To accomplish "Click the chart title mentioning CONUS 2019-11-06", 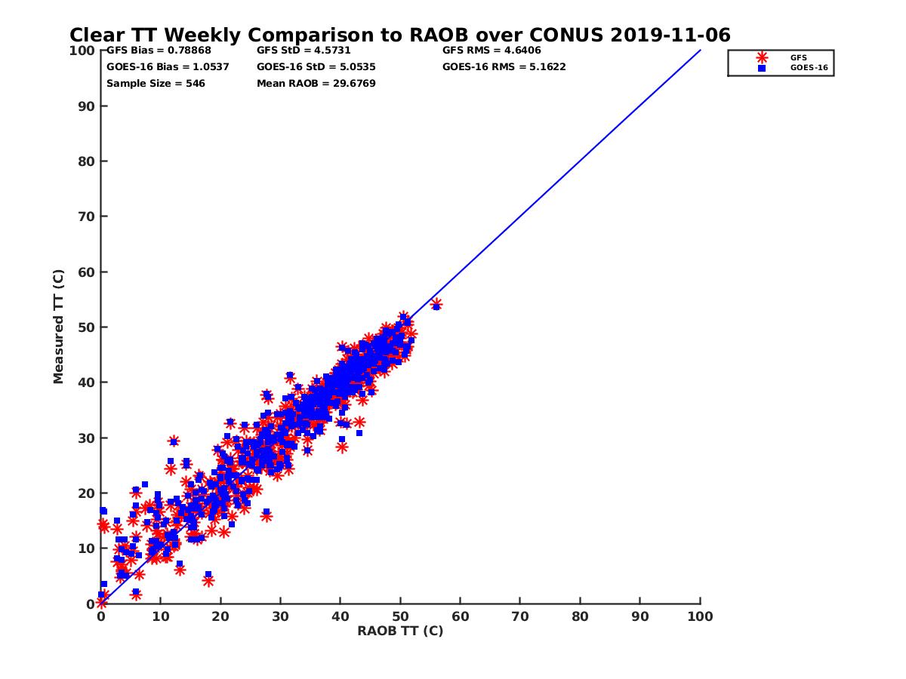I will (399, 35).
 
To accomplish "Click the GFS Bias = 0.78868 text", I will (159, 51).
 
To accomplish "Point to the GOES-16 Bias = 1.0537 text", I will (168, 66).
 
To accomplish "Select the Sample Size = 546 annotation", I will (156, 83).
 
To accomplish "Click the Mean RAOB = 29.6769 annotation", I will (316, 83).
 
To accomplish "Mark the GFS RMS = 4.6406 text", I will (492, 51).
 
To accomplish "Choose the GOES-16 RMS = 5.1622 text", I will (504, 66).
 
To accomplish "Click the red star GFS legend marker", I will (762, 57).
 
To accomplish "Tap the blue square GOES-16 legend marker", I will (762, 68).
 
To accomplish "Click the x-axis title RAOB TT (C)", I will (400, 631).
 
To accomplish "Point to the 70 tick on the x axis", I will (520, 616).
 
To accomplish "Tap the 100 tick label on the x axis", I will (700, 616).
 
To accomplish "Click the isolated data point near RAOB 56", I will (436, 305).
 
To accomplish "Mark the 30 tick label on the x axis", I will (281, 616).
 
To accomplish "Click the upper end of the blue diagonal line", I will (700, 51).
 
